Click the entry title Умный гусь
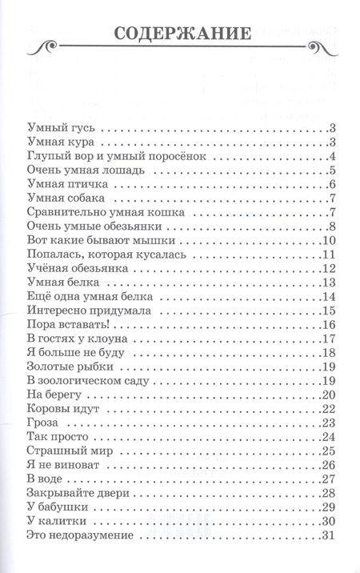(58, 128)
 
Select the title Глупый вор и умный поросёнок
(107, 156)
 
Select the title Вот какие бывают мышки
(94, 241)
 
